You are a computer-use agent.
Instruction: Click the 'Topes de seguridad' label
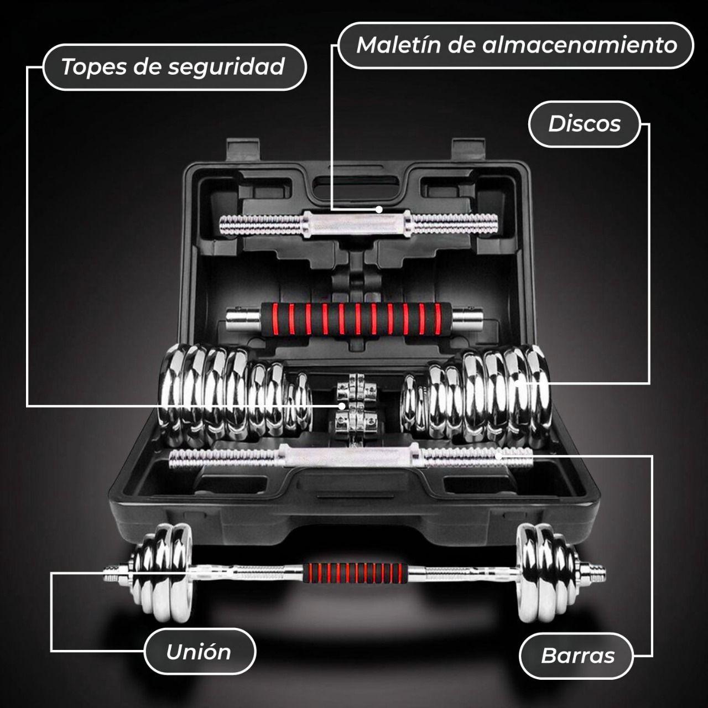[x=175, y=67]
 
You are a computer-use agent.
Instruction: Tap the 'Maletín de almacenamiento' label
[x=516, y=45]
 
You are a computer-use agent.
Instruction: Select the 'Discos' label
[x=584, y=124]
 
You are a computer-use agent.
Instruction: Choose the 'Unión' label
[x=200, y=651]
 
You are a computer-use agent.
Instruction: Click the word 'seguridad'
[x=226, y=68]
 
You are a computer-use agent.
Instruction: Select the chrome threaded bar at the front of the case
[x=351, y=457]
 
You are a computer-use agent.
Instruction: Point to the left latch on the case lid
[x=243, y=152]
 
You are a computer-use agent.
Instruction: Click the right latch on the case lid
[x=468, y=152]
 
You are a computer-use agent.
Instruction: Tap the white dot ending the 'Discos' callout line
[x=518, y=383]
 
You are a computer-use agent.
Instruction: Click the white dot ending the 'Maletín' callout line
[x=379, y=210]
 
